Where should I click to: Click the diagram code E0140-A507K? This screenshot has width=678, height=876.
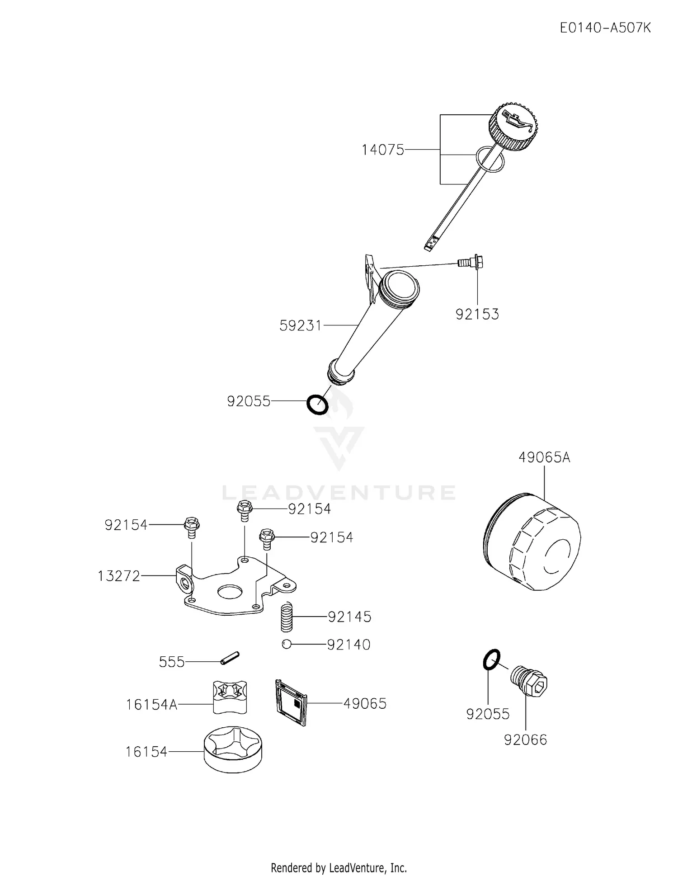(x=605, y=28)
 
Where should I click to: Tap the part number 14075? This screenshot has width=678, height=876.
(x=383, y=150)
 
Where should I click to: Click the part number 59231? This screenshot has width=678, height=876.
(x=300, y=325)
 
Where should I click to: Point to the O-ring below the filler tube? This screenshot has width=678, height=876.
(x=317, y=404)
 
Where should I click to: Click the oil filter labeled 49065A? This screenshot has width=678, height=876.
(x=532, y=542)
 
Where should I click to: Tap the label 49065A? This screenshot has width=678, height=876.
(x=544, y=458)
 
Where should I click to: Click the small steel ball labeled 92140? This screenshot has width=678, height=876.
(x=286, y=644)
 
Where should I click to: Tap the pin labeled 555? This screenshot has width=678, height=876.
(x=230, y=658)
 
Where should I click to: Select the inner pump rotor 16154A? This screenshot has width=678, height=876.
(x=230, y=697)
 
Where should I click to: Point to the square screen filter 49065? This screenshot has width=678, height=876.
(x=292, y=702)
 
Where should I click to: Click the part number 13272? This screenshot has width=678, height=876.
(x=119, y=576)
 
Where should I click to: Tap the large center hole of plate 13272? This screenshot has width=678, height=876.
(x=230, y=591)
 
